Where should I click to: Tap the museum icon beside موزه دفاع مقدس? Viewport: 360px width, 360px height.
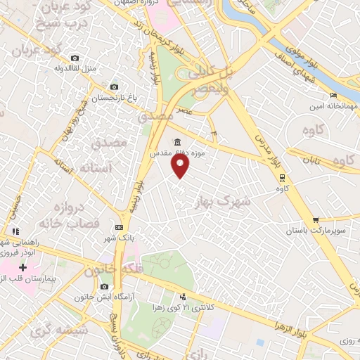(x=177, y=141)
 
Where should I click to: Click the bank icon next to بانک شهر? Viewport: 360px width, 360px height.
(x=119, y=227)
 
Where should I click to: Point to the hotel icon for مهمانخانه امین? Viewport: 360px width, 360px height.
(x=334, y=96)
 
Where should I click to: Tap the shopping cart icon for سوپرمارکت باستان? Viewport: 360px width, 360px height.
(x=316, y=220)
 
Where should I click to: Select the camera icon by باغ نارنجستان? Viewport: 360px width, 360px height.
(x=114, y=87)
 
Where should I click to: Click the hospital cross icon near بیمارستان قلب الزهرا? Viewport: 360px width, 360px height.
(x=23, y=268)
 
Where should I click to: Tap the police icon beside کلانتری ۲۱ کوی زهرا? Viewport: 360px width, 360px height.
(x=183, y=297)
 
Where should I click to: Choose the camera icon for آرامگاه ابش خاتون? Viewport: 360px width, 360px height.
(x=105, y=286)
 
